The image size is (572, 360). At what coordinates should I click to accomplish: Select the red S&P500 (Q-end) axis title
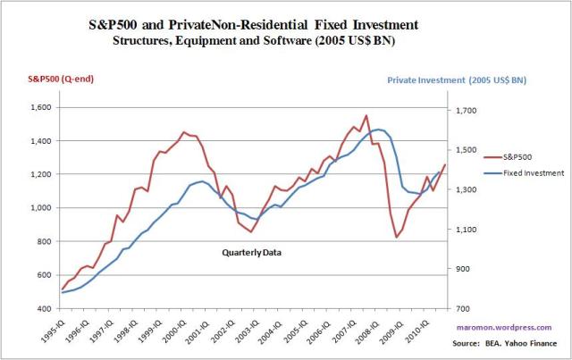click(x=51, y=79)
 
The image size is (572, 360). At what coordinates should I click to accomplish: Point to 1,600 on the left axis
click(x=41, y=107)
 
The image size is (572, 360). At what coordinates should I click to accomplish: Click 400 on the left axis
click(x=45, y=308)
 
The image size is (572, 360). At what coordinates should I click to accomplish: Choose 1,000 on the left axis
click(x=41, y=208)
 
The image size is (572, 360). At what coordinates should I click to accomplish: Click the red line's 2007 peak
click(x=366, y=115)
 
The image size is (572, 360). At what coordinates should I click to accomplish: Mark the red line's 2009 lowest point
click(x=396, y=238)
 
